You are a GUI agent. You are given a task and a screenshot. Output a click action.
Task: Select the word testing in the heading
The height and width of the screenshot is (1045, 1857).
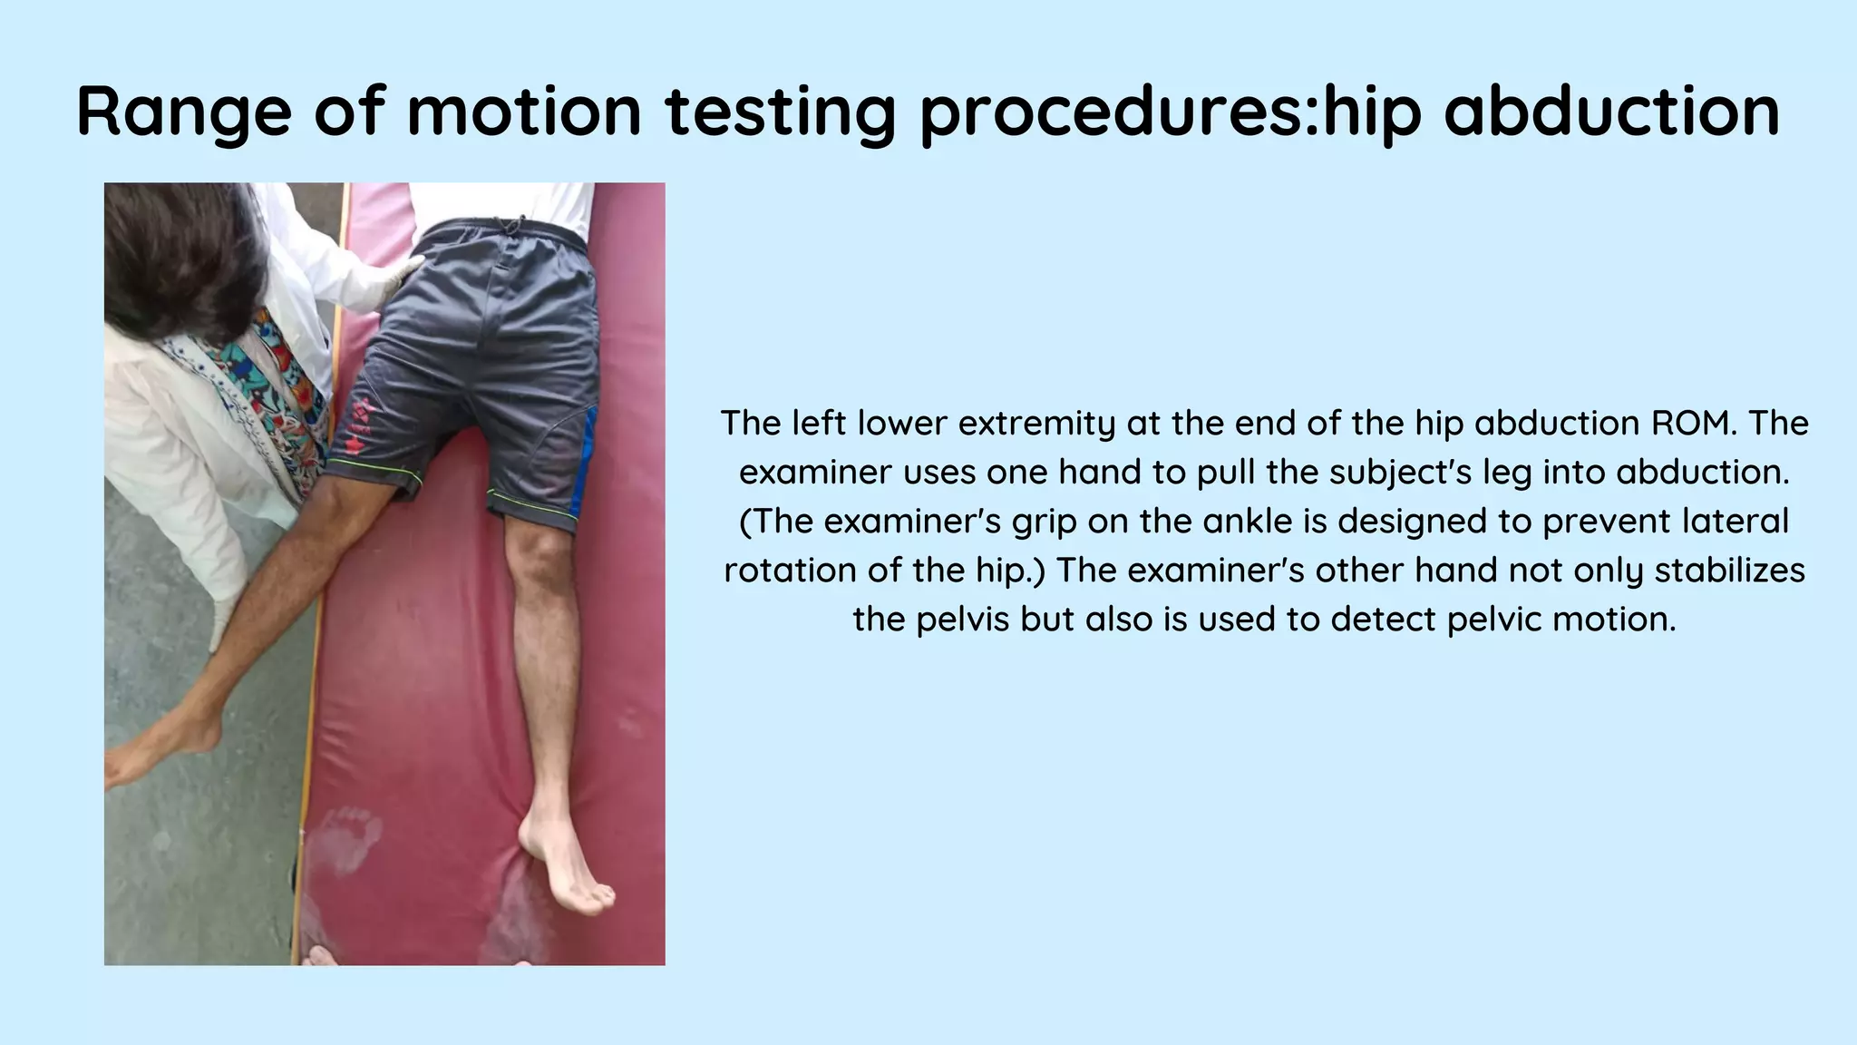pos(780,112)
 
